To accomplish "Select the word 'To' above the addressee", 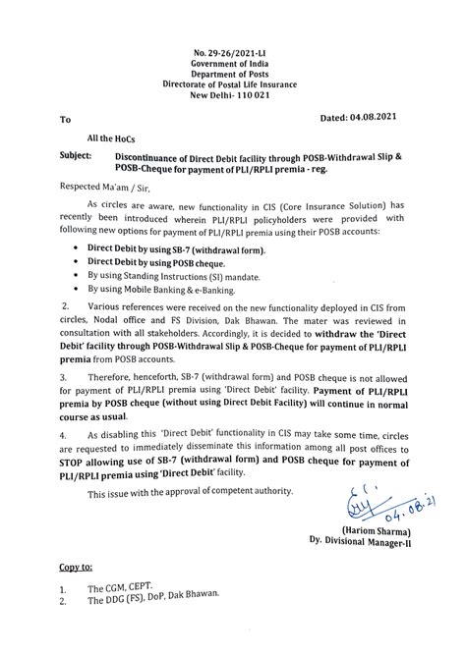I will [67, 121].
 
